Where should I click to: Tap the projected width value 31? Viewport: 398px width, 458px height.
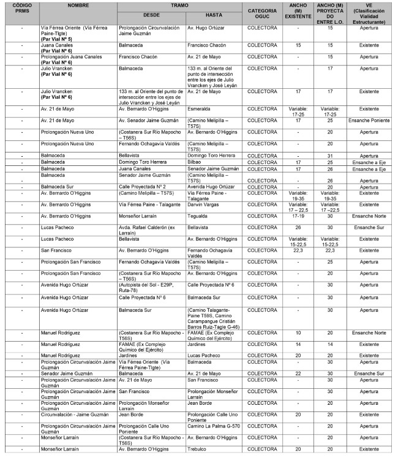(x=330, y=156)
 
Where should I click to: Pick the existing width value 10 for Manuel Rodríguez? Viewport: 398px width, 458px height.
(x=298, y=332)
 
